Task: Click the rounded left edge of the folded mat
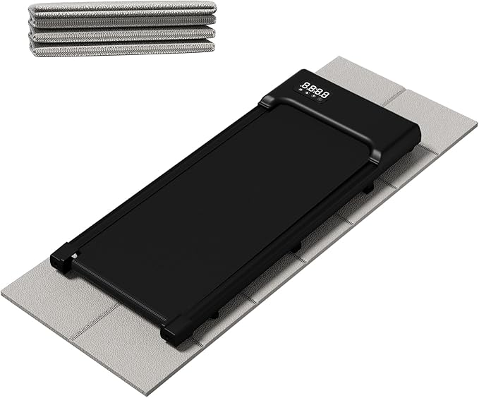coord(32,28)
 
